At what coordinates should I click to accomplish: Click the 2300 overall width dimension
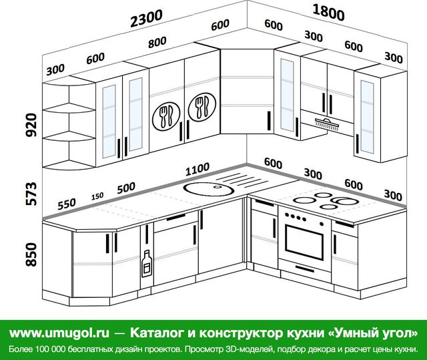146,18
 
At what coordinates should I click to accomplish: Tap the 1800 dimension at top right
328,13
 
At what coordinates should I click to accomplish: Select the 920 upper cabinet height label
31,125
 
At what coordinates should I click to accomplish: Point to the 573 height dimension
31,194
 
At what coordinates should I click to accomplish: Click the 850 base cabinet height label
31,254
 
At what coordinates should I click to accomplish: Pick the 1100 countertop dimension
197,169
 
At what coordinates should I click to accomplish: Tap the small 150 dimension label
97,196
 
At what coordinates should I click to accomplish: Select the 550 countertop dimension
67,204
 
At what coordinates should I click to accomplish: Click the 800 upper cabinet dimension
157,42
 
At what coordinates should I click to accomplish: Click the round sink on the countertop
209,188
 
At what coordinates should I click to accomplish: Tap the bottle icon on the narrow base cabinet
147,263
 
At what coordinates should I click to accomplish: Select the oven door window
304,242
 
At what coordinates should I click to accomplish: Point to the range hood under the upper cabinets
327,123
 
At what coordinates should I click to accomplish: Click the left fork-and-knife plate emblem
166,116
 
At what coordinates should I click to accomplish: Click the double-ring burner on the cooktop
344,201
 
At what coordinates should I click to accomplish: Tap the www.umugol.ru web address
59,333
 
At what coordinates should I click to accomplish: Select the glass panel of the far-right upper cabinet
367,118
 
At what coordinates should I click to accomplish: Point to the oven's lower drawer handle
305,268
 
